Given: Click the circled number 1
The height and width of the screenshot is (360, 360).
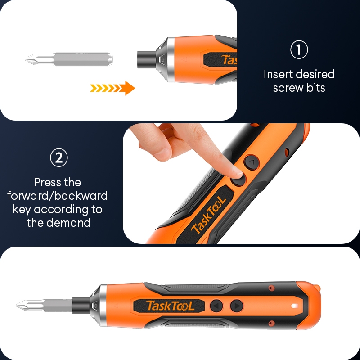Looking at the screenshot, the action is tap(299, 49).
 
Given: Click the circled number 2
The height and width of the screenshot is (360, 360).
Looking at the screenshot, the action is tap(59, 158).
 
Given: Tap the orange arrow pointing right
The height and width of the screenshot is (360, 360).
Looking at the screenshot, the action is tap(112, 88).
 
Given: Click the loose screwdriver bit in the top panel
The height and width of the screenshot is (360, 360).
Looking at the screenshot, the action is tap(69, 59).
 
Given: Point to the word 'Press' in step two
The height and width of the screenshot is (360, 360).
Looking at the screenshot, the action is tap(48, 182).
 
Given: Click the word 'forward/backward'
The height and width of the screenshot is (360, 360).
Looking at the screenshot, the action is tap(58, 196).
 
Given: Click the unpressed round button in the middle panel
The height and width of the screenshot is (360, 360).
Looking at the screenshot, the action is tap(252, 162).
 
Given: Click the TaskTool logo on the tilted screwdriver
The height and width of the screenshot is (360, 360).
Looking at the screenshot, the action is tap(208, 215).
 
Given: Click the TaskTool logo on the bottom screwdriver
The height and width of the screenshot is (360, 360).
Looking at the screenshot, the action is tap(170, 306).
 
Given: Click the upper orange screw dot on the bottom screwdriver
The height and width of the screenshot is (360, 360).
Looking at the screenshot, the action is tap(272, 288).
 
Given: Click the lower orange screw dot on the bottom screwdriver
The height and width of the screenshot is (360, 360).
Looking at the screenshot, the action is tap(272, 323).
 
